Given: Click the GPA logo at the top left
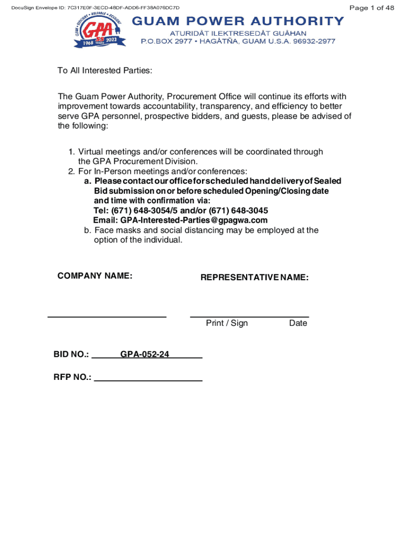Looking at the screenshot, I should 97,32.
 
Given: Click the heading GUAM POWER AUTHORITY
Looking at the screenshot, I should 238,21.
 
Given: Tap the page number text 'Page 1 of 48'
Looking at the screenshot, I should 371,8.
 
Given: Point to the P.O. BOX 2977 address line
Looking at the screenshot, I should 238,42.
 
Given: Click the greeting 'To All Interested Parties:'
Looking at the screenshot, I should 104,71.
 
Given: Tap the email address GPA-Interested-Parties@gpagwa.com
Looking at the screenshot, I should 194,220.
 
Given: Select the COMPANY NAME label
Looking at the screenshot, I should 94,276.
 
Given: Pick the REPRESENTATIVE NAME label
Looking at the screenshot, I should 254,277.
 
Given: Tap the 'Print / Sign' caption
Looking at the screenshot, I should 227,323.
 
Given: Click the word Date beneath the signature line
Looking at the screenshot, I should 298,323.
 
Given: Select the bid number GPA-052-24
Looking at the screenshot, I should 145,355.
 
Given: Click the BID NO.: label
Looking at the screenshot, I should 71,355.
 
